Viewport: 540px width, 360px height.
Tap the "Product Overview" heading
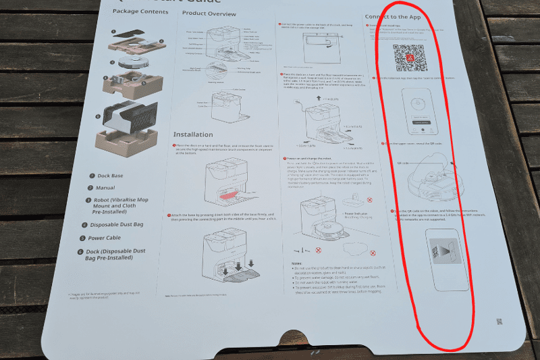(210, 13)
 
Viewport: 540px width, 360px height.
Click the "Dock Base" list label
(108, 176)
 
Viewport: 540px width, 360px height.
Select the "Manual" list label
(106, 188)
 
